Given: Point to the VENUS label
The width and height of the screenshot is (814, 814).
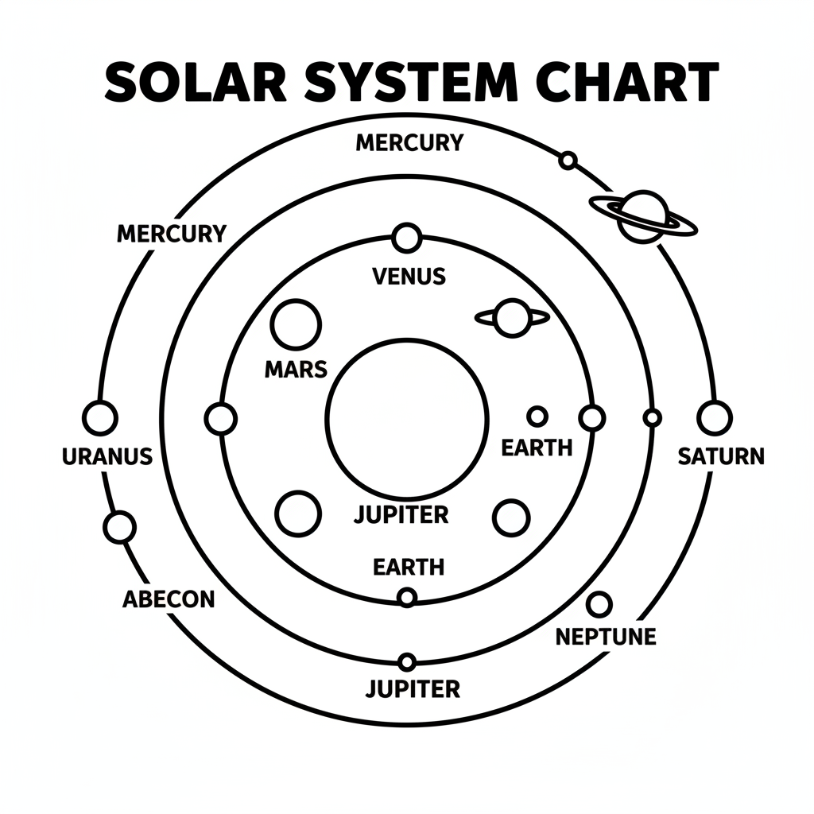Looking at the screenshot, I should (409, 277).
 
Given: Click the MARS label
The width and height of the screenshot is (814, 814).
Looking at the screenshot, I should (295, 369).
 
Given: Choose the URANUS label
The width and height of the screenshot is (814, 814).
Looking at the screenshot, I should (107, 456).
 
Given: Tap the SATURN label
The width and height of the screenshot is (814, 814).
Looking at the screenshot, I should (721, 456).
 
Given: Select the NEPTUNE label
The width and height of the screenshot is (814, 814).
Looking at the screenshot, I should (606, 637).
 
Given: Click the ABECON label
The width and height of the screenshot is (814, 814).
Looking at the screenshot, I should (169, 599).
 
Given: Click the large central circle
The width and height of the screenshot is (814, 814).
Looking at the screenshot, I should (407, 418).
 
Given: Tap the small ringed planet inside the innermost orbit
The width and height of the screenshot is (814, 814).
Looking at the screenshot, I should (512, 318).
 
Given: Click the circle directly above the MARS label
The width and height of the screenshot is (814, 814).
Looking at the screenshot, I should (296, 324).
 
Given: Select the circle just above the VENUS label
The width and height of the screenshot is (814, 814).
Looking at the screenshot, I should (407, 237).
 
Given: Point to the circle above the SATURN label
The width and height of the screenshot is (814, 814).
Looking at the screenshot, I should (714, 417).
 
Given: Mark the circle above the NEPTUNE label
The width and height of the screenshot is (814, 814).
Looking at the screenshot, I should (599, 604).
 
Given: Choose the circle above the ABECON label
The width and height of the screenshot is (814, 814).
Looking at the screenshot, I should (120, 527).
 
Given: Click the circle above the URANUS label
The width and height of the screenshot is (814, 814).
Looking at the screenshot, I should (100, 418).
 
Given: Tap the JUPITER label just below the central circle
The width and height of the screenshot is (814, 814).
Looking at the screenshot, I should (401, 514).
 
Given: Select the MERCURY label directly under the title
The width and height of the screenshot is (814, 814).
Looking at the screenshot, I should (409, 143).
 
